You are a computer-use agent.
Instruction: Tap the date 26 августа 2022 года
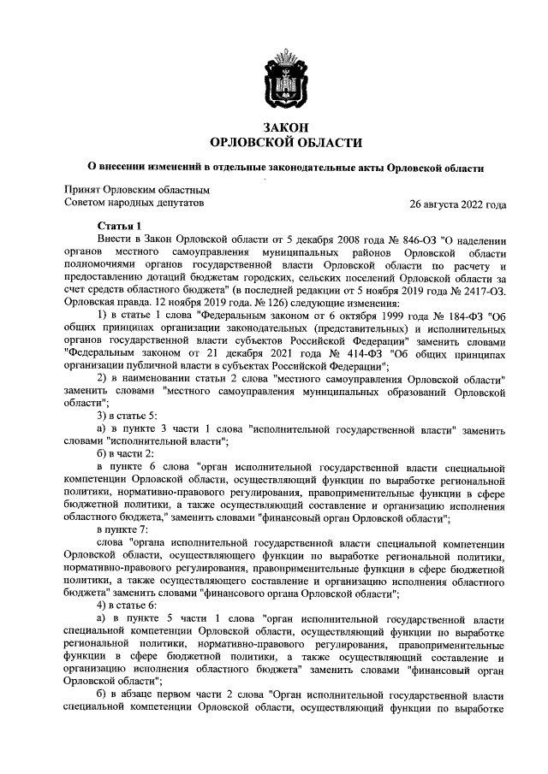[x=458, y=204]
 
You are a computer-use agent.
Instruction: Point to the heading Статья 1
[x=118, y=225]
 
